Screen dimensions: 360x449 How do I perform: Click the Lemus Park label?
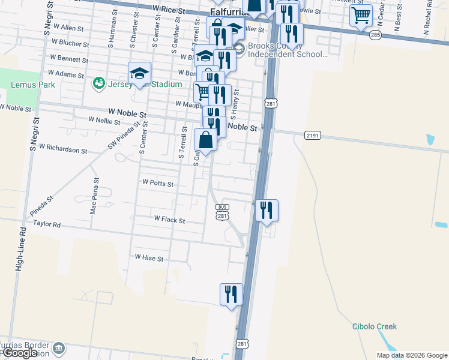click(x=33, y=85)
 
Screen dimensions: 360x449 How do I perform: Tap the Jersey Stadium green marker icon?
click(x=98, y=83)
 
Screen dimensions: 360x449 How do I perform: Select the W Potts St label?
click(x=158, y=183)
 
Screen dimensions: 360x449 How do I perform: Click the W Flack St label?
click(x=169, y=220)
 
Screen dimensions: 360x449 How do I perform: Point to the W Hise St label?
click(x=149, y=258)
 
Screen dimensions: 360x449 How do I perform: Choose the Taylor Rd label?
click(x=47, y=224)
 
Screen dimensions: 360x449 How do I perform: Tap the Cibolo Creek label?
click(x=375, y=326)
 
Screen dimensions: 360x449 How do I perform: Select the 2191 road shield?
click(x=312, y=136)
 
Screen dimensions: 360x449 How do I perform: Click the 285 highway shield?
click(x=375, y=35)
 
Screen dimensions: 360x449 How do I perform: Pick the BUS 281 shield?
click(x=222, y=212)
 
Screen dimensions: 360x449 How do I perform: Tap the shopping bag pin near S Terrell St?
click(x=206, y=140)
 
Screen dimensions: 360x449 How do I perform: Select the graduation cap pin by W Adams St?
click(x=139, y=74)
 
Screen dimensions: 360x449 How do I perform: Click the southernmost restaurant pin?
click(x=231, y=295)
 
